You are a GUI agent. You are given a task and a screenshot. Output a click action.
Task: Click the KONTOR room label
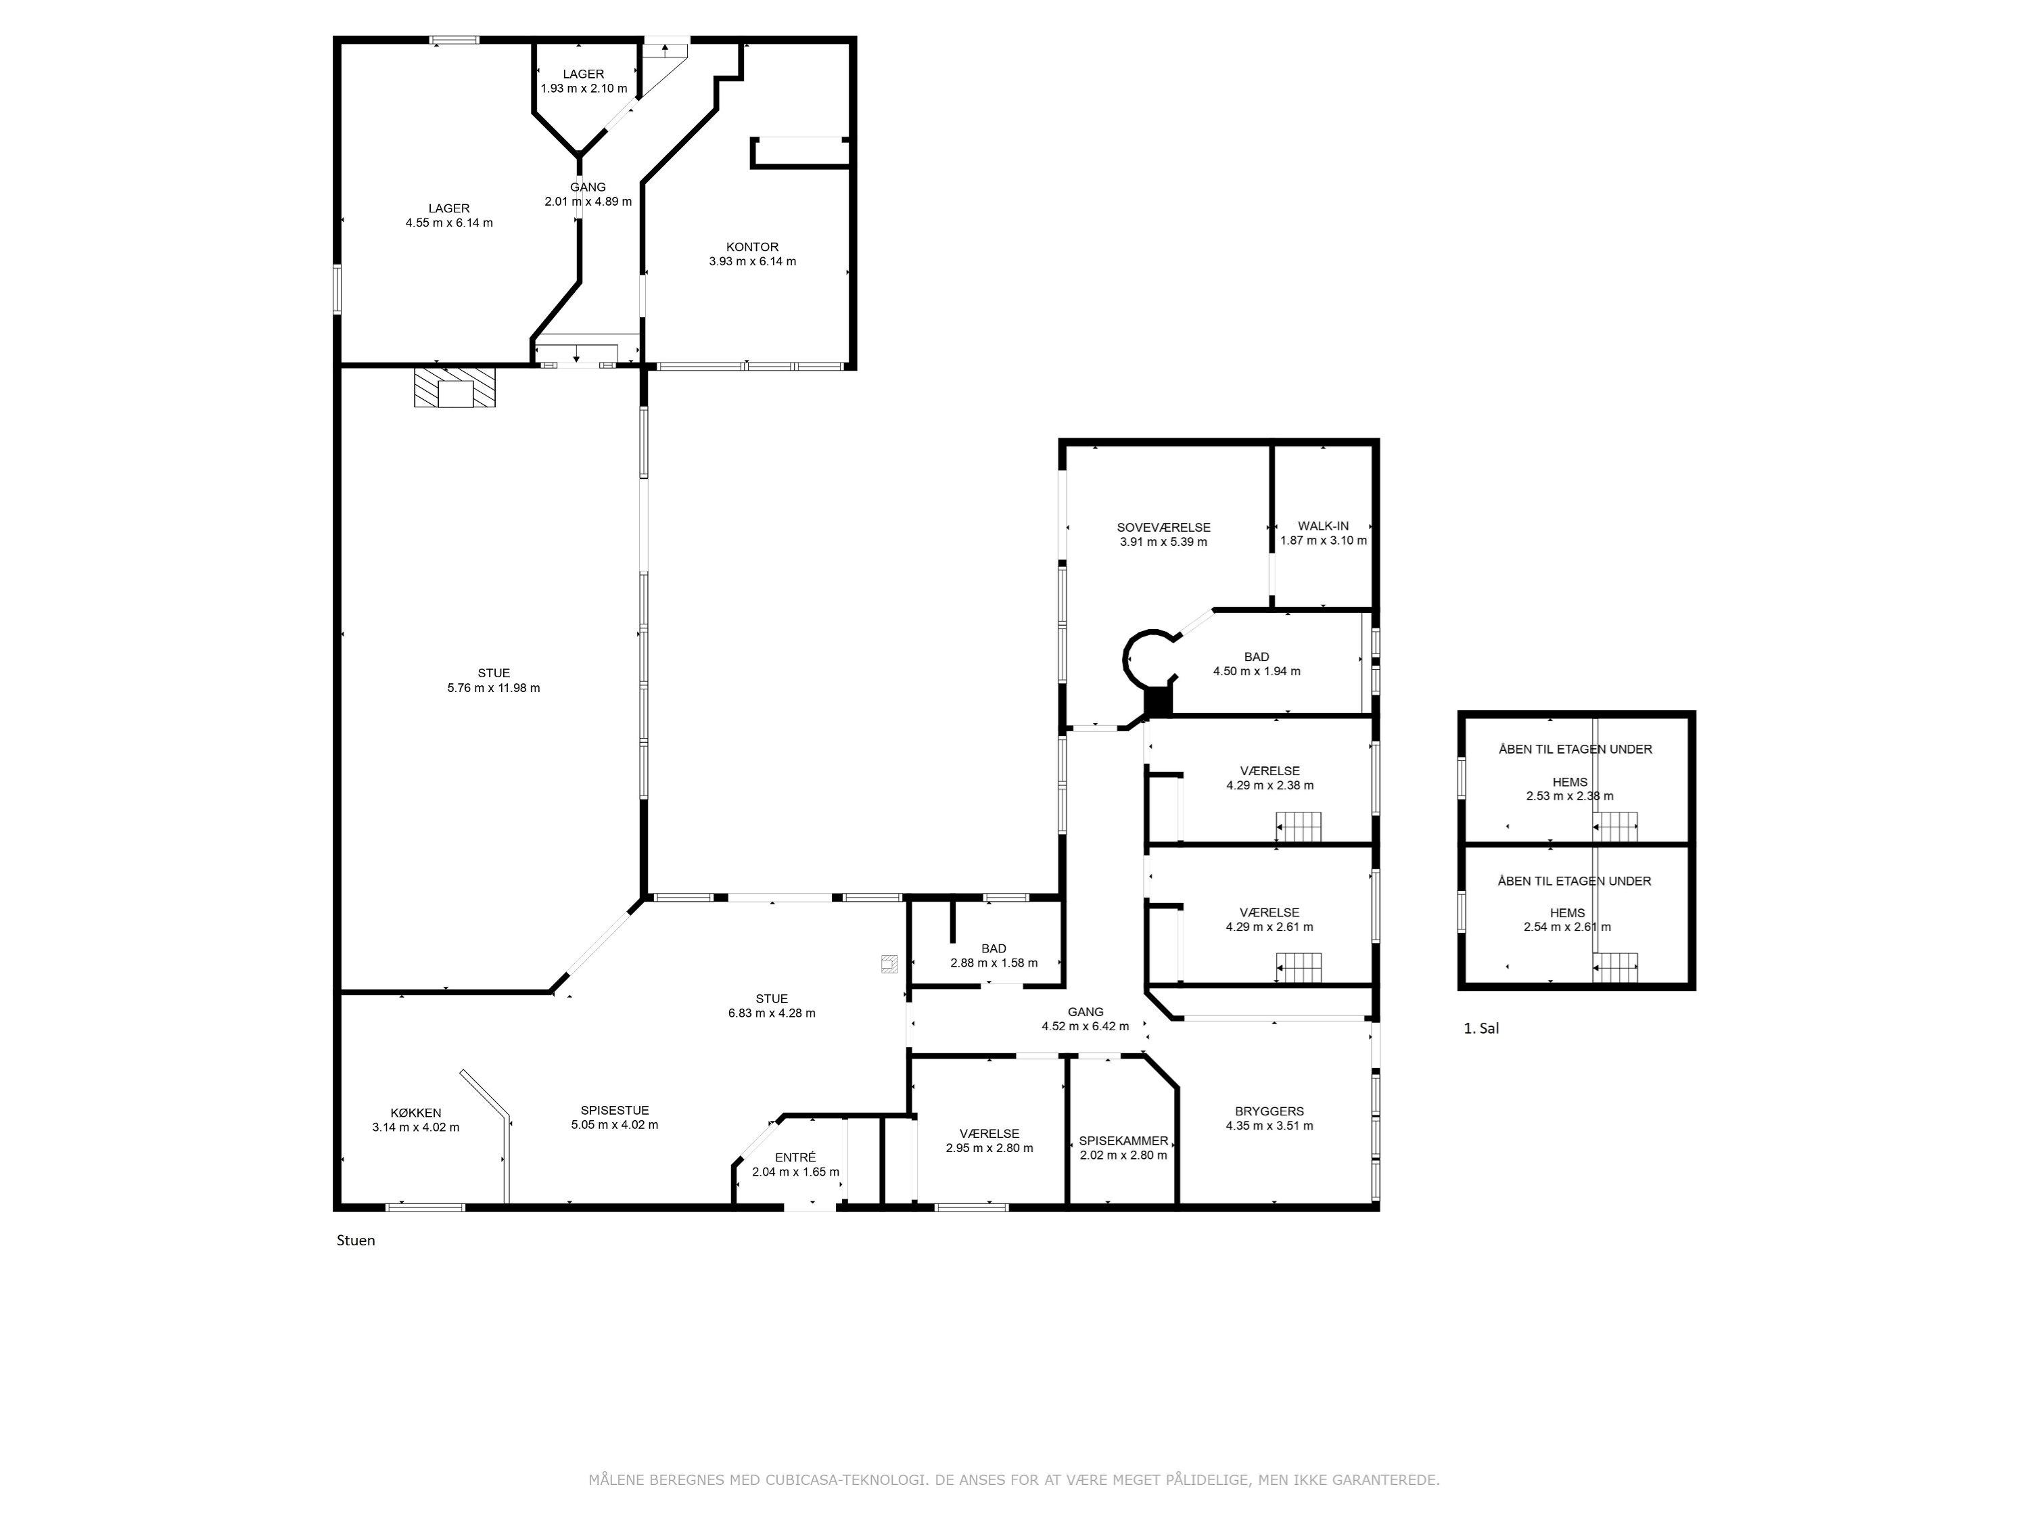click(x=752, y=247)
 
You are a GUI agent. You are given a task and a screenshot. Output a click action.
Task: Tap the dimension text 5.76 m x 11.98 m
click(x=494, y=688)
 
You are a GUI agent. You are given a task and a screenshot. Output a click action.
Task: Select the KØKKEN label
click(x=415, y=1113)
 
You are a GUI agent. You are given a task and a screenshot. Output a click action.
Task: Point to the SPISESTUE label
click(x=615, y=1110)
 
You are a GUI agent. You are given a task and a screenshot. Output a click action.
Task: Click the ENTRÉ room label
click(x=795, y=1158)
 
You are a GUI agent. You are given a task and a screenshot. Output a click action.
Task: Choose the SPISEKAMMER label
click(x=1123, y=1141)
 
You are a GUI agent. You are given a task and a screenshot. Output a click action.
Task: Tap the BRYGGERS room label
click(x=1269, y=1111)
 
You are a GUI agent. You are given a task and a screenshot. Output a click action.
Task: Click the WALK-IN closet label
click(x=1323, y=526)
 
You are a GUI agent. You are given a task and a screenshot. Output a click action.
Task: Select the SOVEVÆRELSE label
click(x=1163, y=528)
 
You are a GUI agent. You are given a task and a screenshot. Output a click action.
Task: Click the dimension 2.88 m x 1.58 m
click(x=994, y=963)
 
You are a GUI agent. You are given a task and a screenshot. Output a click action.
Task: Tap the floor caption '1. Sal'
click(x=1480, y=1028)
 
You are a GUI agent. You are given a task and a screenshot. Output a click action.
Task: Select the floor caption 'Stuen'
click(x=356, y=1241)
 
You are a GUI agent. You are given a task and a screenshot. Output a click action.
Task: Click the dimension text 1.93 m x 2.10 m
click(x=584, y=89)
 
